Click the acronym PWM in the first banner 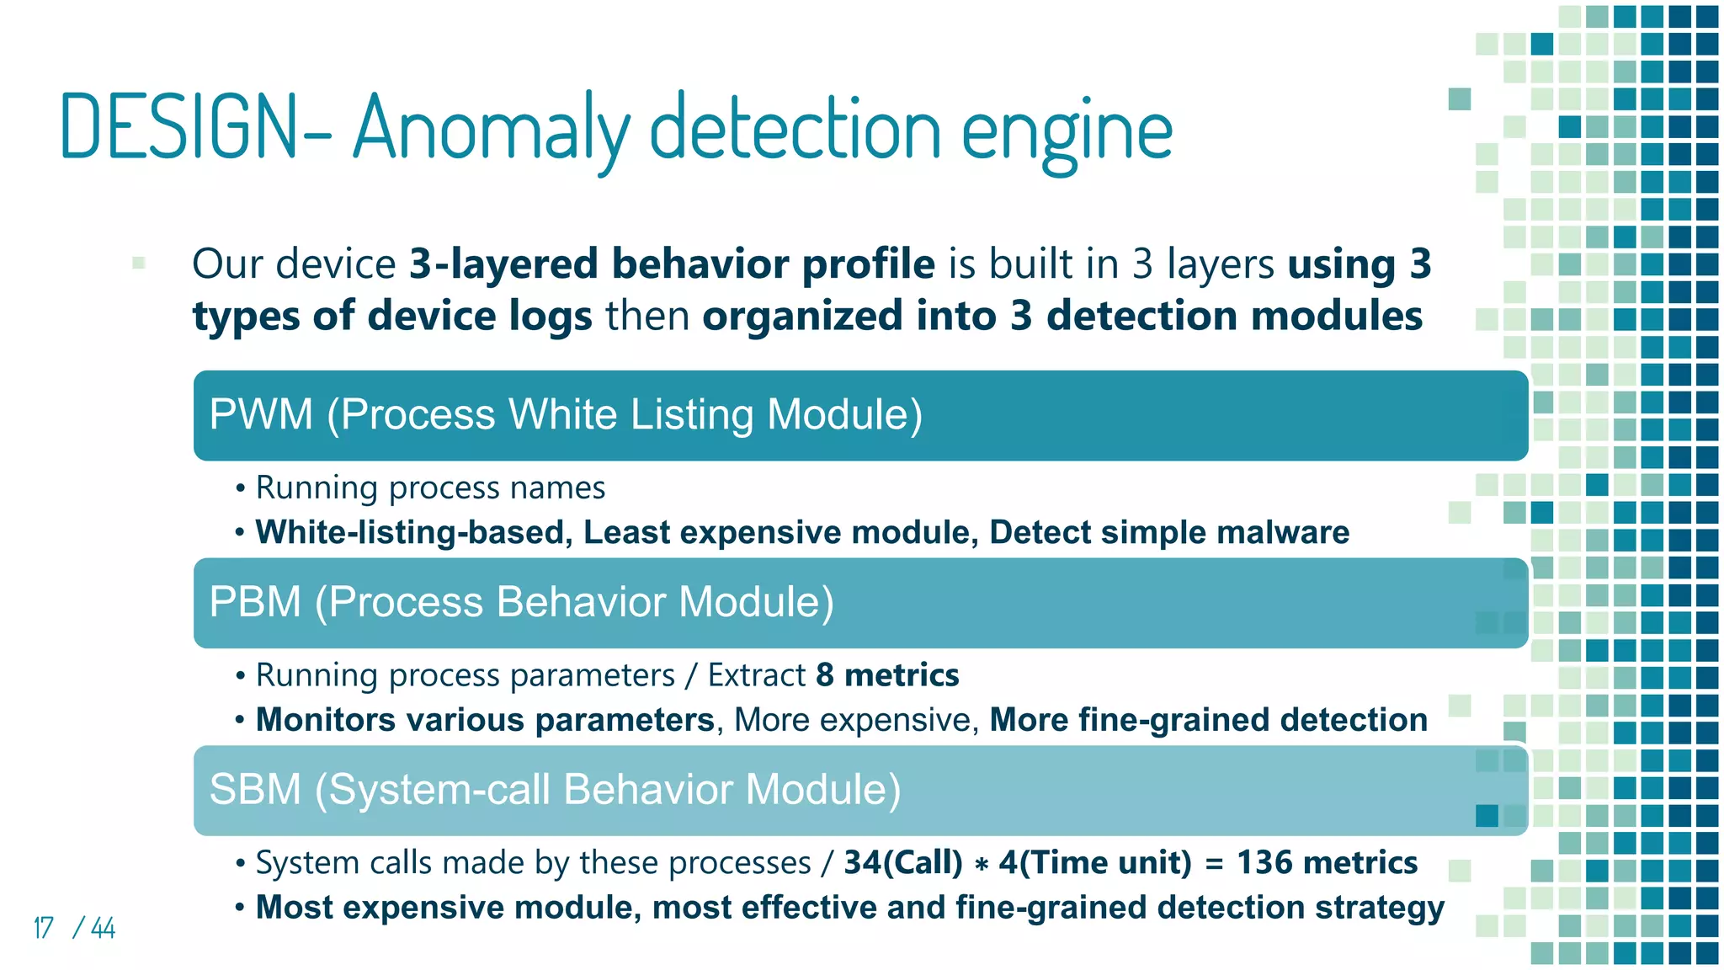(x=261, y=414)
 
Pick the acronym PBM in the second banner (x=255, y=602)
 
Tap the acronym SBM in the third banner (x=255, y=790)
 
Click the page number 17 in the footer (x=43, y=928)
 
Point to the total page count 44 (x=103, y=928)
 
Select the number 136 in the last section (x=1264, y=862)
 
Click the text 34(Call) (x=903, y=862)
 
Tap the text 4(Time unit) (x=1095, y=862)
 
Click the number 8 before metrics (x=825, y=675)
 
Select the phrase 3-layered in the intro (x=503, y=264)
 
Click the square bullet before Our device (x=139, y=263)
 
